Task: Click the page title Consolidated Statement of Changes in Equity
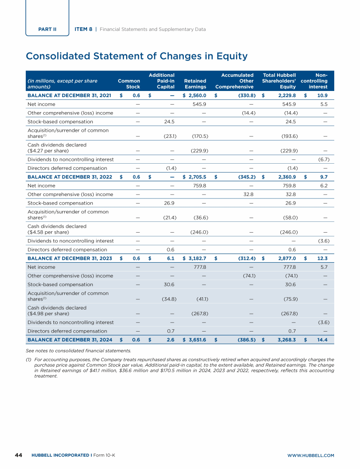(x=136, y=56)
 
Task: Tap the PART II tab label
(x=47, y=29)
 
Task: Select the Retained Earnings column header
(x=195, y=83)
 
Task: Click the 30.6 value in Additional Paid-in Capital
(x=168, y=284)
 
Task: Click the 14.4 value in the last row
(x=321, y=340)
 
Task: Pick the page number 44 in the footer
(x=19, y=455)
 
